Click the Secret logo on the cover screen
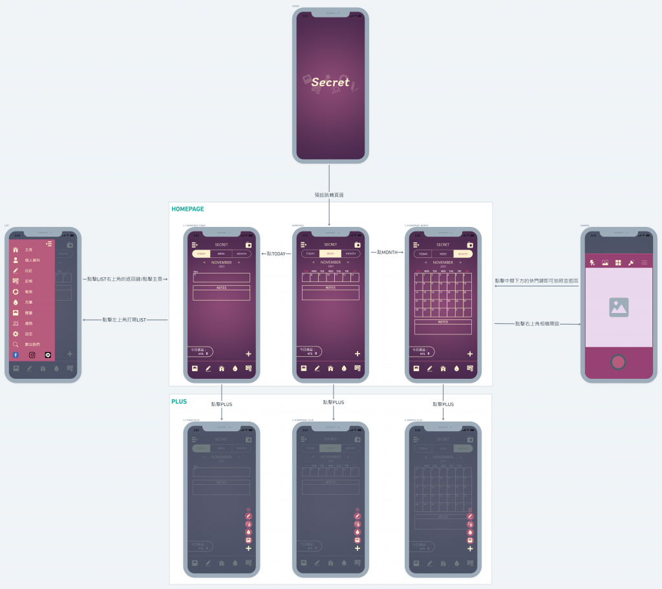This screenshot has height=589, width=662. click(330, 82)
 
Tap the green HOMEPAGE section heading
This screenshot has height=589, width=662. click(187, 209)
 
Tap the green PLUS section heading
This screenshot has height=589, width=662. click(179, 402)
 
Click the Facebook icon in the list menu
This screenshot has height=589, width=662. click(16, 355)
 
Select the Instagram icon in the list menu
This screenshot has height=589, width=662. click(32, 355)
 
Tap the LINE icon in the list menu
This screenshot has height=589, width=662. click(48, 355)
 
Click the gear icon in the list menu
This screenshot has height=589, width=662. click(16, 334)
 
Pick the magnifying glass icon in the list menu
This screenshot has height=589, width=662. click(16, 344)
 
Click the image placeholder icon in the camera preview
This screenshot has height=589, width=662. click(619, 307)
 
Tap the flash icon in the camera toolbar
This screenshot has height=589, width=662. click(592, 262)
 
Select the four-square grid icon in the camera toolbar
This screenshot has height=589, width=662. click(618, 262)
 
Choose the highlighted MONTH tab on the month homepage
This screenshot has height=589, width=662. click(462, 254)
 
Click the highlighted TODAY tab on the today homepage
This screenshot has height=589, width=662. click(201, 254)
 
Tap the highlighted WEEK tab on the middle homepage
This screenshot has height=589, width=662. click(330, 253)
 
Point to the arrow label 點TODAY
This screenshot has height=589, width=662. click(275, 253)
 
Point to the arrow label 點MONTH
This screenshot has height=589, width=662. click(387, 252)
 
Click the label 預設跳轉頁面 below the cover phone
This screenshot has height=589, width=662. click(329, 195)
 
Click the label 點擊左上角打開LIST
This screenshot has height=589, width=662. click(125, 319)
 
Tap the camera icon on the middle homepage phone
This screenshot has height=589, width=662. click(357, 245)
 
